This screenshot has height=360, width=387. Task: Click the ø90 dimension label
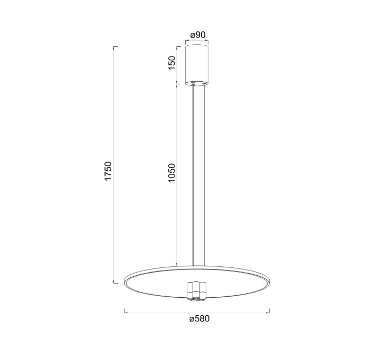(198, 35)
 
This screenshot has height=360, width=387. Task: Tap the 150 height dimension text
(172, 63)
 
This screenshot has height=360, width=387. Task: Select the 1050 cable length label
(171, 173)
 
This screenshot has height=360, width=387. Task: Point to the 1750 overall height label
(108, 171)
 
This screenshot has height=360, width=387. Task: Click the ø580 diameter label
(200, 319)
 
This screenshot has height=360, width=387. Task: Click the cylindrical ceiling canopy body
(197, 65)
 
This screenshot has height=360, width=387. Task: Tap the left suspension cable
(193, 175)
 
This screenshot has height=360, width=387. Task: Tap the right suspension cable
(204, 175)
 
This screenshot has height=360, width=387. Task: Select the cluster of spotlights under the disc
(197, 291)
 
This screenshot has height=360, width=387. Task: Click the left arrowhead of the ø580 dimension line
(126, 313)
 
